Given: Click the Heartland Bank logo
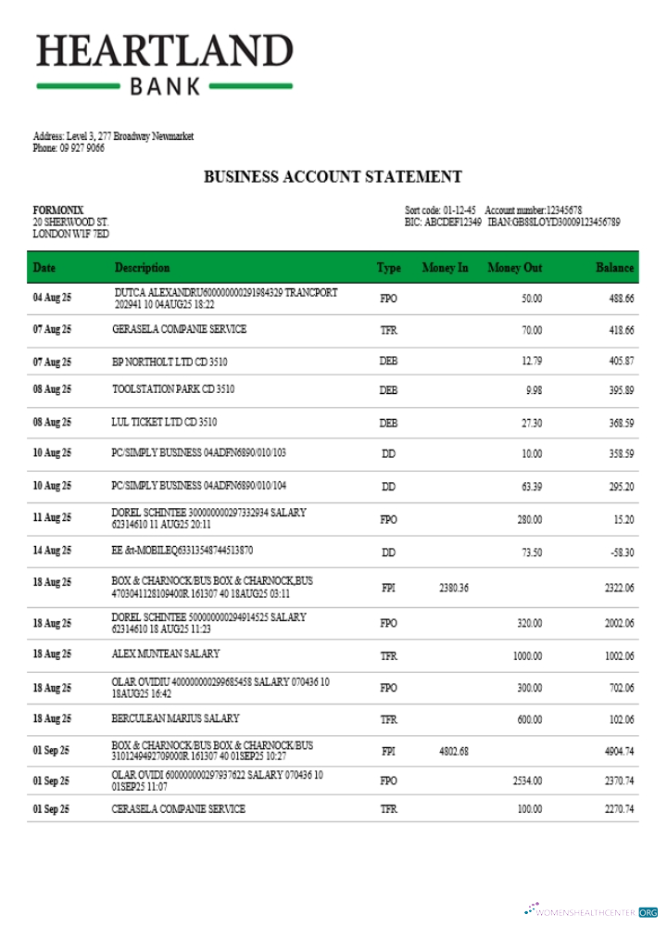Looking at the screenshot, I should coord(165,63).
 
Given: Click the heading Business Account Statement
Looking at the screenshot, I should coord(333,177).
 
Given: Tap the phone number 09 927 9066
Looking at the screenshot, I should coord(82,148).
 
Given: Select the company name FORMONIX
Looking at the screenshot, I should coord(58,210).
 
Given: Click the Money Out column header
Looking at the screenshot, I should coord(514,268).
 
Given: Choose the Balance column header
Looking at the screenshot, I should coord(614,268).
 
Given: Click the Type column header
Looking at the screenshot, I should coord(388,268).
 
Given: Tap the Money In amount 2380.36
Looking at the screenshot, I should coord(453,588).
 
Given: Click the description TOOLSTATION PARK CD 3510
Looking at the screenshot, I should coord(173,389).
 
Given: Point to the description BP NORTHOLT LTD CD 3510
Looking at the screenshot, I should coord(170,361).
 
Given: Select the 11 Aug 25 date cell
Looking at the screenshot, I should coord(52,519).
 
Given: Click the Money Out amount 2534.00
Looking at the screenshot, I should coord(527,781).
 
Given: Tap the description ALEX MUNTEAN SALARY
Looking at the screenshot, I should coord(166,654).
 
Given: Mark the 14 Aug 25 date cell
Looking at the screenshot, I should coord(52,552).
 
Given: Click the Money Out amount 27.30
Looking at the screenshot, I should coord(531,423).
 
